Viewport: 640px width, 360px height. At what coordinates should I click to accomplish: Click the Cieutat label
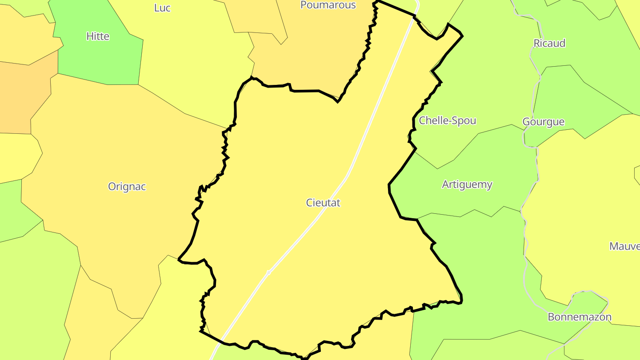[x=323, y=203]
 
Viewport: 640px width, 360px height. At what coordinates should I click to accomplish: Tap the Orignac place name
[x=127, y=187]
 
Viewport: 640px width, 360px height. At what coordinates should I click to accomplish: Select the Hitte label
[x=98, y=36]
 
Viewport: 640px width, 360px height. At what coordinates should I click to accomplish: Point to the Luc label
[x=162, y=8]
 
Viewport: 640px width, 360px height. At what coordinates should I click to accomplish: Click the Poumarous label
[x=328, y=5]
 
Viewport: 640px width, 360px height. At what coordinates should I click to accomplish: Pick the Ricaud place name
[x=549, y=43]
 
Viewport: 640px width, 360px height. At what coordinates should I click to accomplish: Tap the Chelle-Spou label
[x=448, y=120]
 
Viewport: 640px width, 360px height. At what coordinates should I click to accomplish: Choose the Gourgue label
[x=543, y=122]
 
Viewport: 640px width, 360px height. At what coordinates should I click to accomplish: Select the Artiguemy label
[x=467, y=184]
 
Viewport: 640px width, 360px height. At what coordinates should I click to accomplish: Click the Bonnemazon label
[x=580, y=317]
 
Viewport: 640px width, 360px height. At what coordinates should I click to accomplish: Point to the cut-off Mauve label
[x=624, y=246]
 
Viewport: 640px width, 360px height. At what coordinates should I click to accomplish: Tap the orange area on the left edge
[x=22, y=98]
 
